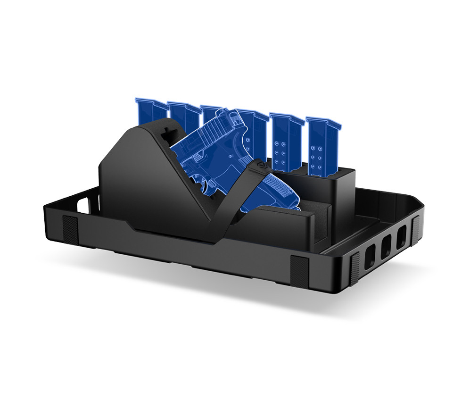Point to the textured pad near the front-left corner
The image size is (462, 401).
point(70,230)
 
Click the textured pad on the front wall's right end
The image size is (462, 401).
point(299,271)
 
